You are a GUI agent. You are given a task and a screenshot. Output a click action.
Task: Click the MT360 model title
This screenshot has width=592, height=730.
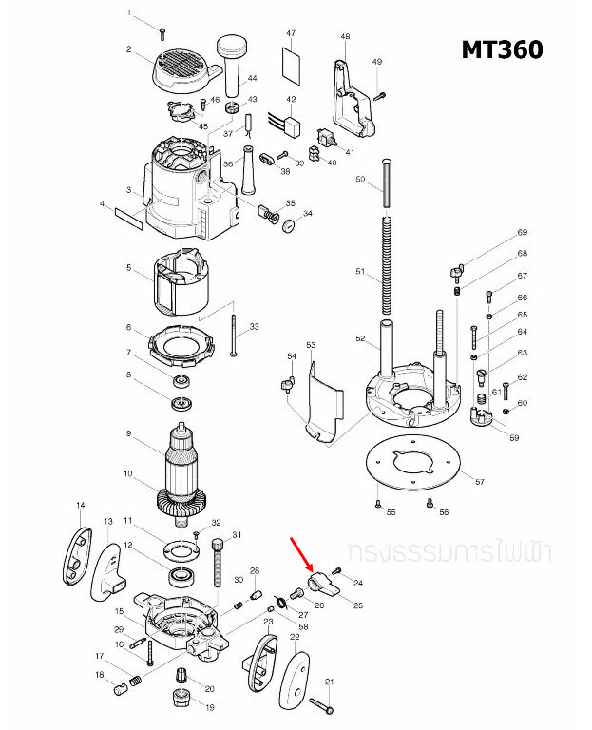502,49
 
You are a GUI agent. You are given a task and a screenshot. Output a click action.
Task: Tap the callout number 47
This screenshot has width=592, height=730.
291,33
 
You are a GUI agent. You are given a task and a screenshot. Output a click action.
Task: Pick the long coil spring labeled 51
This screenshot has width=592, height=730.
387,265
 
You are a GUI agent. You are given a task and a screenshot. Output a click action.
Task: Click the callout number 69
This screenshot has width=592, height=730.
522,233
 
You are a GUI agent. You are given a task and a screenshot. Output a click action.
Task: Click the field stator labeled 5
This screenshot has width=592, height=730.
181,283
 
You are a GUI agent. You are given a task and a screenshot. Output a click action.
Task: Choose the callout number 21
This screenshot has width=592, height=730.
330,682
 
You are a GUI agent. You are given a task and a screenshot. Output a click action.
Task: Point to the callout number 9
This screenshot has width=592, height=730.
127,435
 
